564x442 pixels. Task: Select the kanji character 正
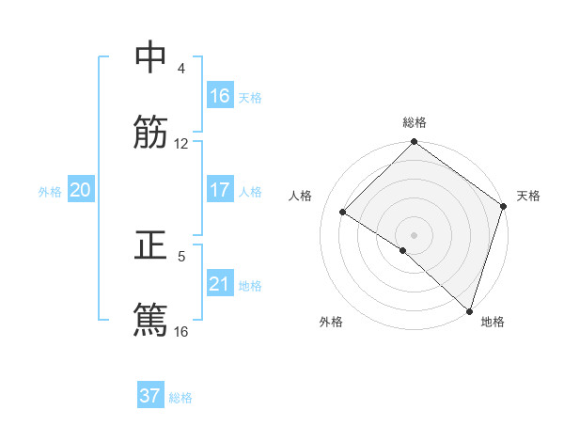(x=150, y=244)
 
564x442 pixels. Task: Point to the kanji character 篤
(x=150, y=319)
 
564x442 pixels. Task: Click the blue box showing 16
(x=220, y=96)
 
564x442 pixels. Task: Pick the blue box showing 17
(x=220, y=190)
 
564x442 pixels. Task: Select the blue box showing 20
(x=81, y=190)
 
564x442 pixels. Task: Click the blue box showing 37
(x=150, y=396)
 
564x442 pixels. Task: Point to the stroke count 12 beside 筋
(x=181, y=144)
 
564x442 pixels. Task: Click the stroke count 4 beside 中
(x=181, y=69)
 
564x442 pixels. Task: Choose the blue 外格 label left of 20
(x=50, y=192)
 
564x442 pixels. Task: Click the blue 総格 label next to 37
(x=180, y=398)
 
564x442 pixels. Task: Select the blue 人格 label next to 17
(x=250, y=192)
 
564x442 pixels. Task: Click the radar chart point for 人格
(x=343, y=213)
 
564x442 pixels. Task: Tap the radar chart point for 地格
(x=469, y=310)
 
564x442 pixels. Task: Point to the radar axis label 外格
(x=331, y=323)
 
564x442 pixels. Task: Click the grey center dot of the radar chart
(x=414, y=234)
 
